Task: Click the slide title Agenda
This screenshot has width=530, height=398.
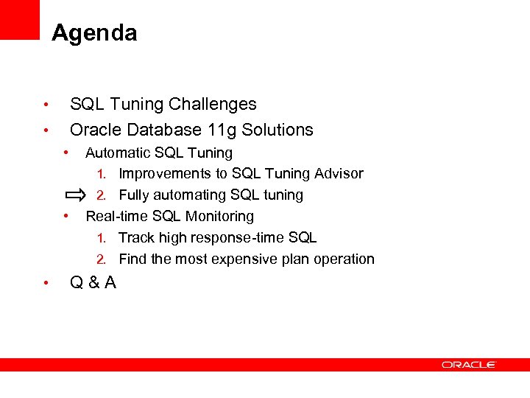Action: click(x=94, y=33)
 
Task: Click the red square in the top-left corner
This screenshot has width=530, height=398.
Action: click(x=19, y=18)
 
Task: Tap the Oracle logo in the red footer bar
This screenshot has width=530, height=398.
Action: click(x=469, y=364)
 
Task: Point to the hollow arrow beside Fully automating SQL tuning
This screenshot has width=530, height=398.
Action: click(x=74, y=195)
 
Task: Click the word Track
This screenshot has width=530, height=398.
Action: click(x=135, y=237)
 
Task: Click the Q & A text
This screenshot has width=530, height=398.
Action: click(x=93, y=282)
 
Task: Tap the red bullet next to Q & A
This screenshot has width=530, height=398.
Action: click(x=45, y=283)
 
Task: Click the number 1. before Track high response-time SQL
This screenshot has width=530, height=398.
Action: click(x=103, y=238)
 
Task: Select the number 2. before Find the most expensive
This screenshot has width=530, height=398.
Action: click(x=103, y=259)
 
